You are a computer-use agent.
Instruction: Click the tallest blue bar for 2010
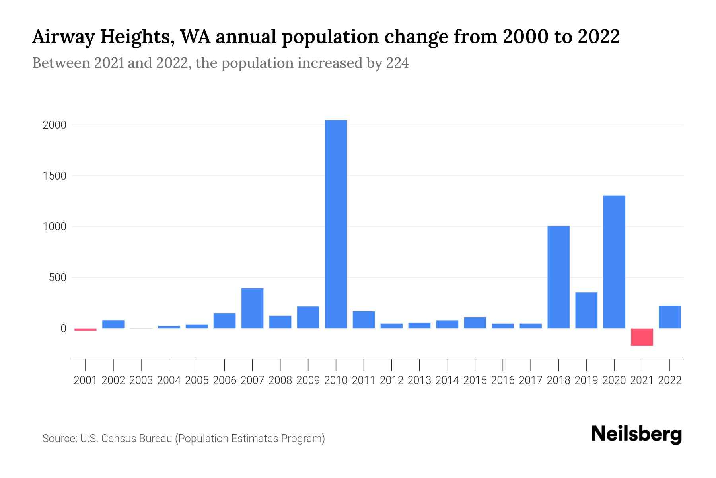(336, 224)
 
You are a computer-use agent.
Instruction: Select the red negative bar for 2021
(642, 337)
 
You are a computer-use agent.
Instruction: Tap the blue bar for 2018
(558, 277)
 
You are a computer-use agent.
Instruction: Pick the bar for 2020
(614, 262)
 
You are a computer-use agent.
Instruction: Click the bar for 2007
(253, 308)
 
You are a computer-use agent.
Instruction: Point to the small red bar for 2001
(86, 329)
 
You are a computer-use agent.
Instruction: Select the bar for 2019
(586, 310)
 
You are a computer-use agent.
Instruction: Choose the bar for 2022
(670, 317)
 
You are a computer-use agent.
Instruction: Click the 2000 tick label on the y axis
(54, 125)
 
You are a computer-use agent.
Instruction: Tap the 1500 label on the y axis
(54, 176)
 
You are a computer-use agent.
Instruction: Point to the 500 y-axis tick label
(58, 278)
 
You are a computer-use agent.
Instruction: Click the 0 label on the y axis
(63, 329)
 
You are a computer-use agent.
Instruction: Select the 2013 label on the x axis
(419, 380)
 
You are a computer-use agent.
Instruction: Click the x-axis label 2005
(197, 380)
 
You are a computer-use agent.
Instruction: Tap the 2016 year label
(503, 380)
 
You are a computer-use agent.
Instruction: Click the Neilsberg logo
(636, 434)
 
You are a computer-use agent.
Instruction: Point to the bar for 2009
(308, 317)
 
